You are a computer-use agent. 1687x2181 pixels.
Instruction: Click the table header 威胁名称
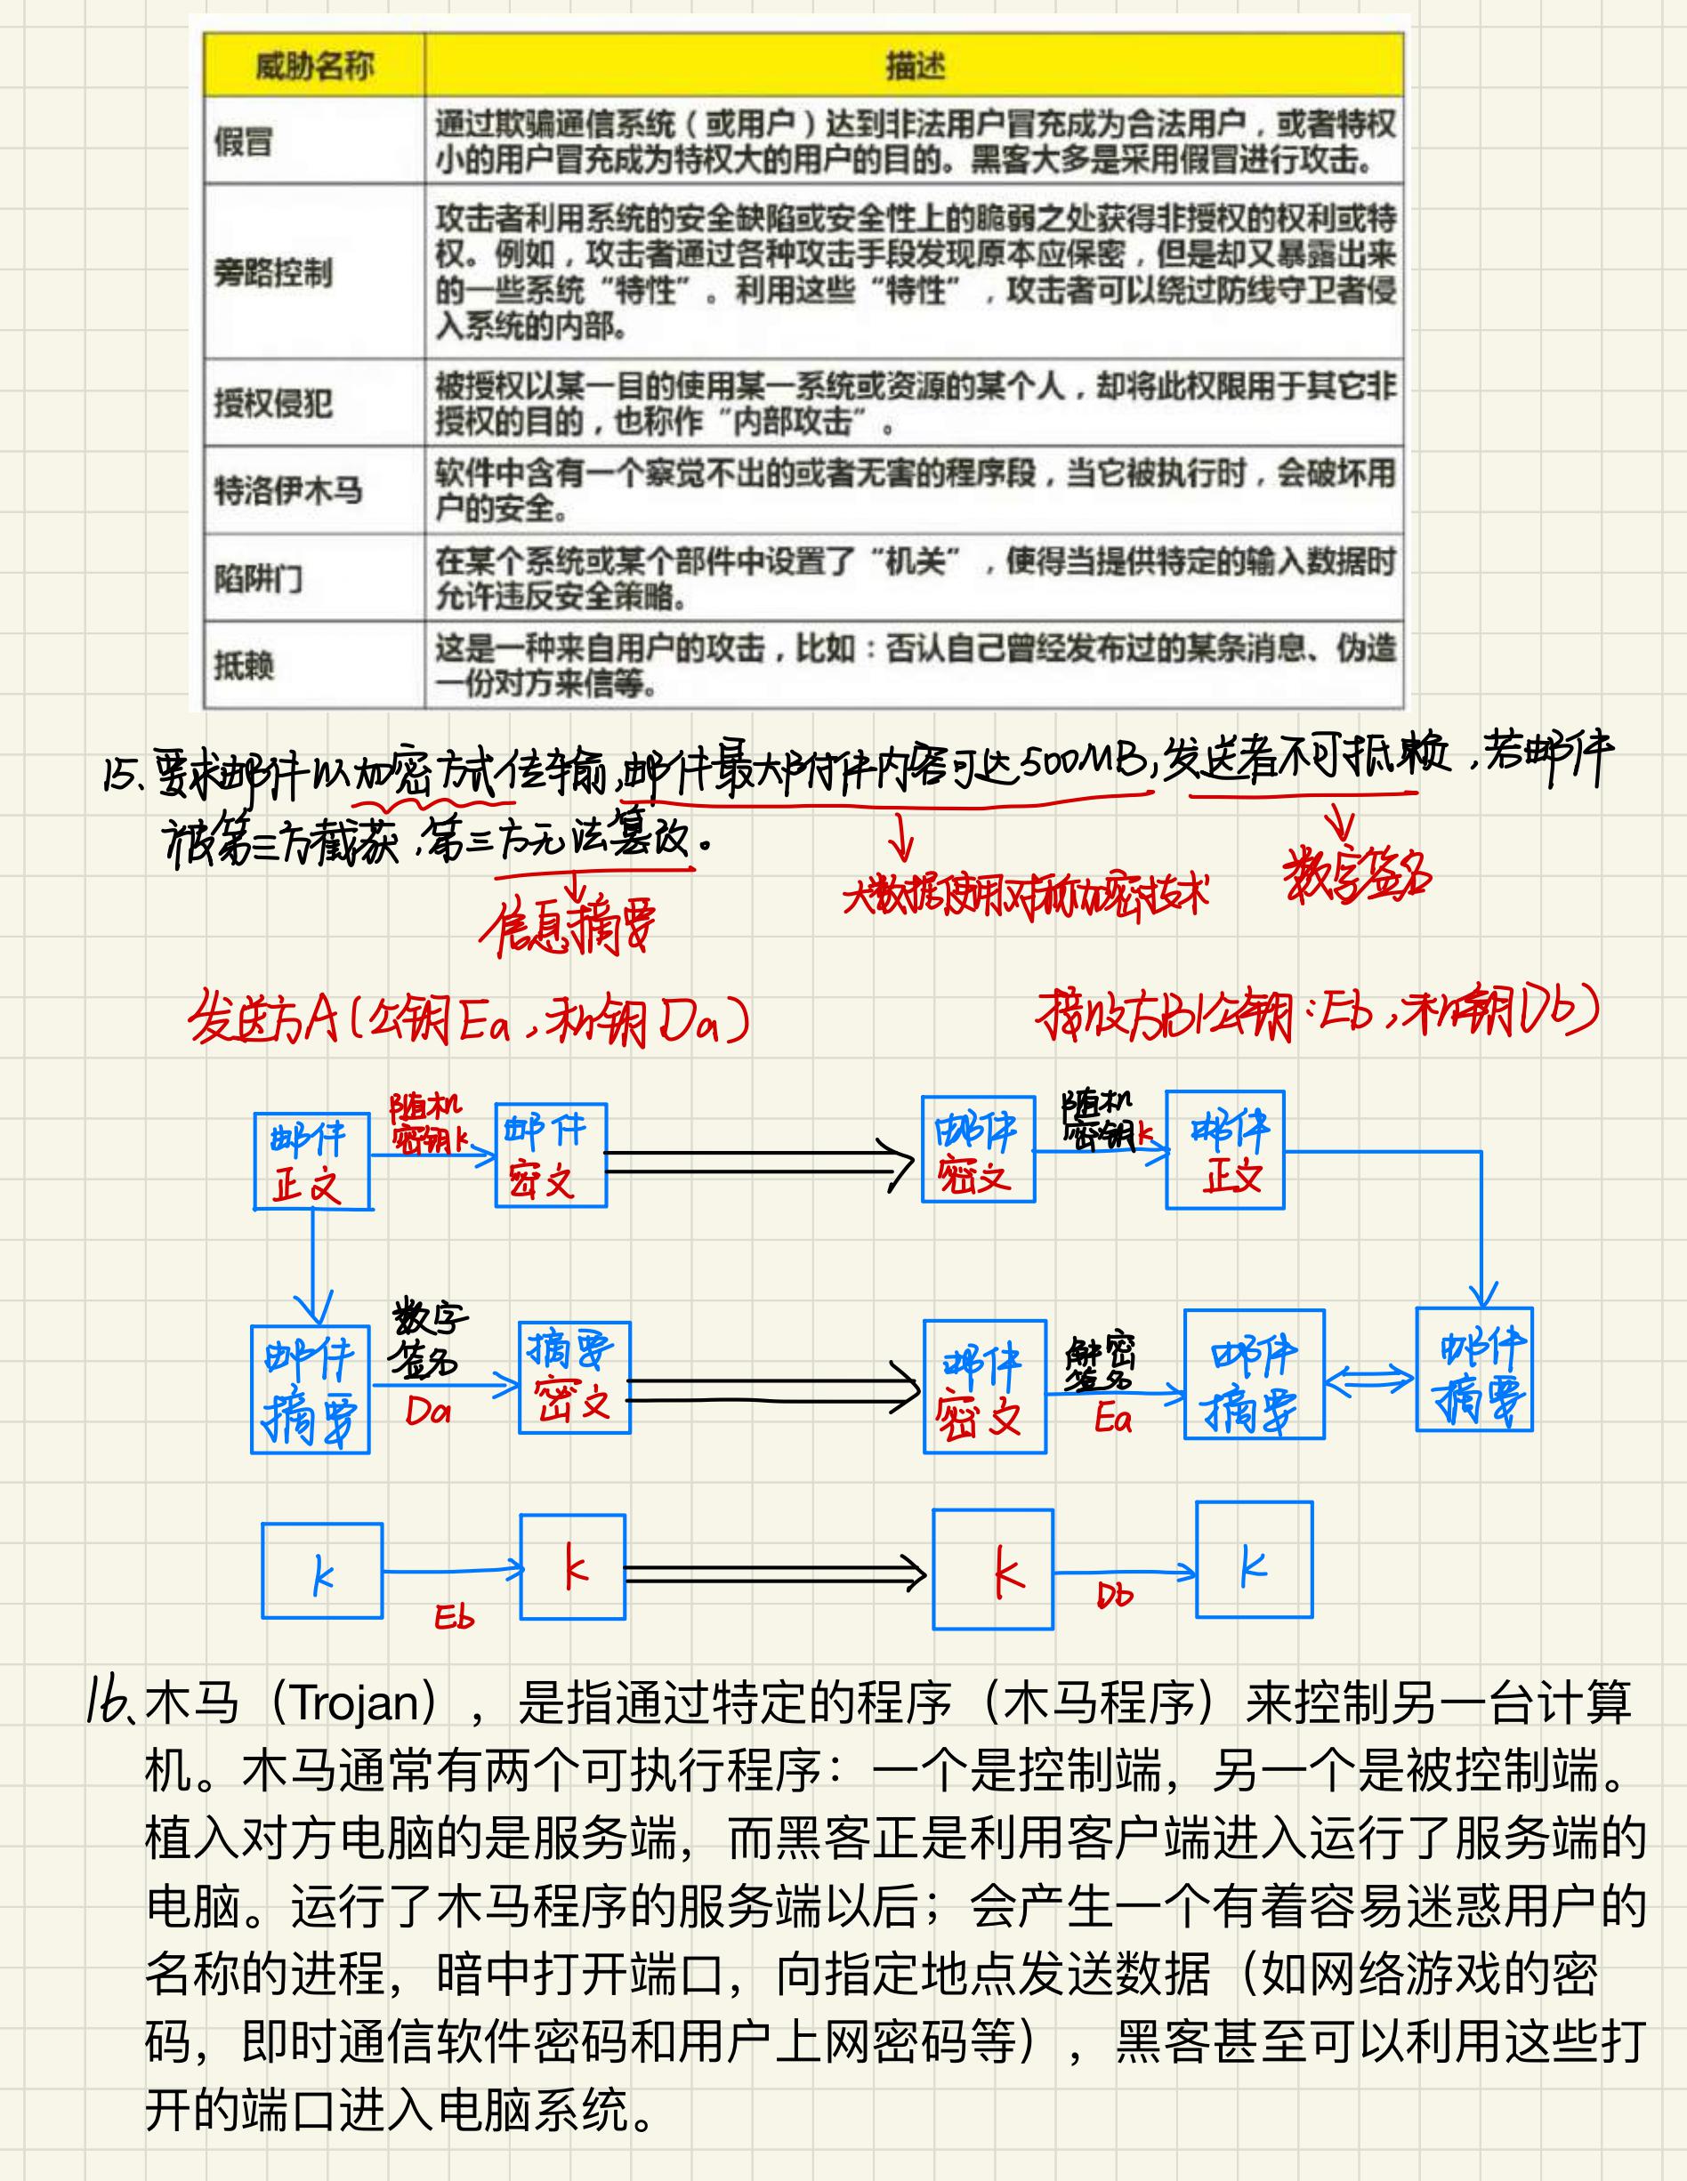tap(313, 66)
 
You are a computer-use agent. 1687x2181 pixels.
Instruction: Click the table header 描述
tap(914, 66)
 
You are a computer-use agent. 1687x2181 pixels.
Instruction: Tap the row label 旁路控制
tap(271, 271)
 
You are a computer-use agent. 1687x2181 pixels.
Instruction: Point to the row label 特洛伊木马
tap(287, 489)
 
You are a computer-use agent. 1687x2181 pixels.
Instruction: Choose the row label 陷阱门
tap(258, 577)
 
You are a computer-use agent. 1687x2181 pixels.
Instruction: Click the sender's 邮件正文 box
tap(311, 1162)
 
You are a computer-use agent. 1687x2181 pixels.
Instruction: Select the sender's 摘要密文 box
tap(574, 1377)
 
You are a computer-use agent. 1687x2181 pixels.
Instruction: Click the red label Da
tap(427, 1411)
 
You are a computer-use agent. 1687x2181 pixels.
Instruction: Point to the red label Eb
tap(454, 1617)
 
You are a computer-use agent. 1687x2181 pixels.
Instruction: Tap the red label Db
tap(1115, 1596)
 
